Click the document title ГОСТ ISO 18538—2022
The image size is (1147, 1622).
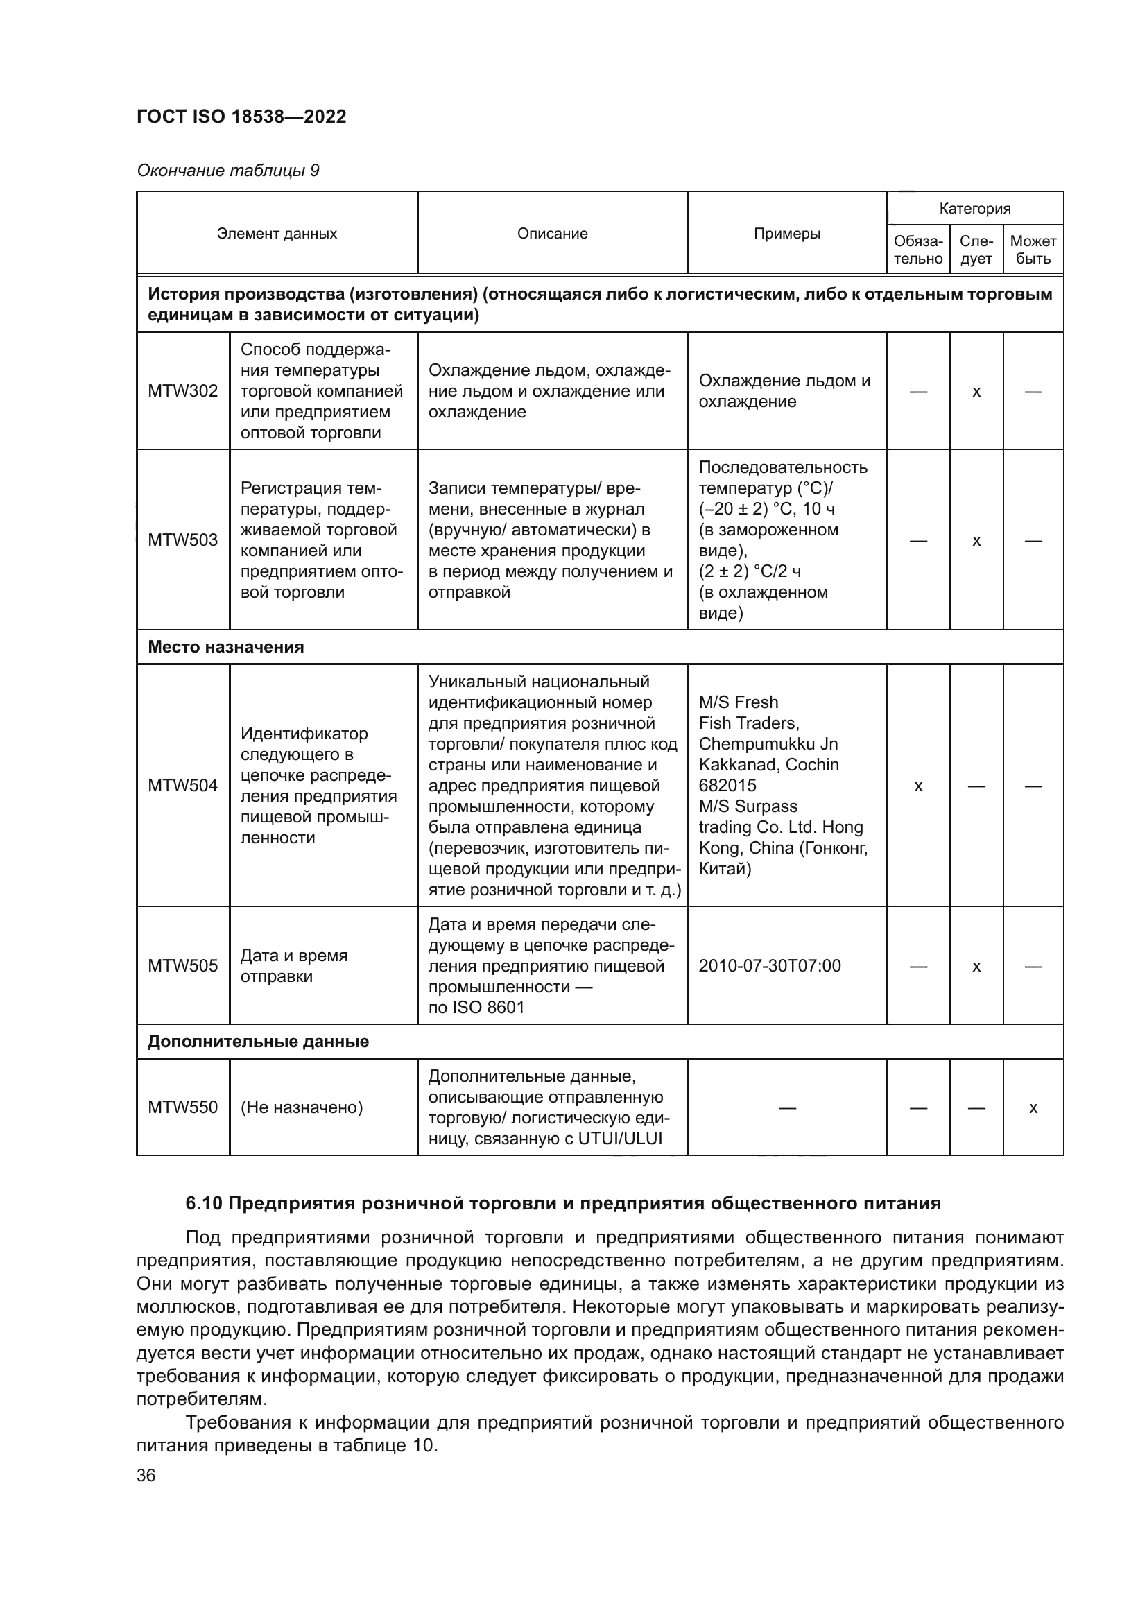(241, 117)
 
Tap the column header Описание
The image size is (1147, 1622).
(551, 234)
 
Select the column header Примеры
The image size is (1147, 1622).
(787, 234)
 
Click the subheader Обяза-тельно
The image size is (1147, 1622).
(918, 250)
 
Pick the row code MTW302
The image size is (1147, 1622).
(183, 390)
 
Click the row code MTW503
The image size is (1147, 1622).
(183, 540)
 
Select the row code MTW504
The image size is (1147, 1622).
(183, 785)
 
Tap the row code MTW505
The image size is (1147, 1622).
(183, 965)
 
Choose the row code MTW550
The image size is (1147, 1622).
(183, 1107)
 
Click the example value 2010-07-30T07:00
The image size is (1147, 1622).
(769, 965)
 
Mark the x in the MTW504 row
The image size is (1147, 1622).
(918, 786)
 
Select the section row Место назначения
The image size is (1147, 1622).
(226, 646)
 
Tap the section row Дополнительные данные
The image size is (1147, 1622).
(258, 1042)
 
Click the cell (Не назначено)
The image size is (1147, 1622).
(302, 1107)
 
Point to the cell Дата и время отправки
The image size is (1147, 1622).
(294, 965)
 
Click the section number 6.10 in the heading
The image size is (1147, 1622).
(204, 1203)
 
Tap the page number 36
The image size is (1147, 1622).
(146, 1475)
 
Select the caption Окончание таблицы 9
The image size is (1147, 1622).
(227, 171)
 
